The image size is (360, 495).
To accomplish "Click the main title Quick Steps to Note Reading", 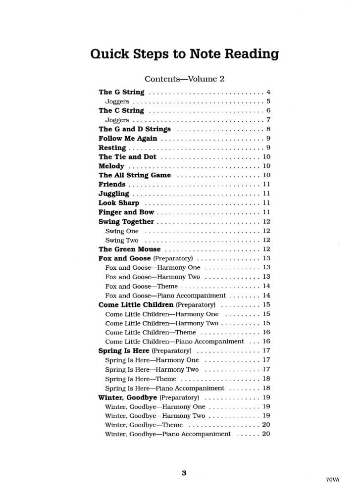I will point(184,54).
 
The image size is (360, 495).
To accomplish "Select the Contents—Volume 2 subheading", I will point(184,79).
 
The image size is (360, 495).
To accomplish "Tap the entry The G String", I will point(121,92).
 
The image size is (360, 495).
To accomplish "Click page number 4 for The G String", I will point(268,92).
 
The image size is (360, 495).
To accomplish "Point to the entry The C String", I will point(121,110).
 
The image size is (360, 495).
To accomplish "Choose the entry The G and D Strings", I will point(135,129).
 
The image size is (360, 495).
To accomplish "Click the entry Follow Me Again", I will point(128,139).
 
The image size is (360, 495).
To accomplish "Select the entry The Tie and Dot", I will point(127,157).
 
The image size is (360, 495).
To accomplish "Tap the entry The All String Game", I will point(135,175).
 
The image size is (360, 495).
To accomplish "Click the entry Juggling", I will point(114,194).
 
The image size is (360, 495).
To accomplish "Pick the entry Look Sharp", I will point(119,203).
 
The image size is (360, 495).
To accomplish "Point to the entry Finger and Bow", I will point(126,212).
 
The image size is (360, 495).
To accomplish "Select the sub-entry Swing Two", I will point(122,240).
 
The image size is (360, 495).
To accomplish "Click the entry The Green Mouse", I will point(130,249).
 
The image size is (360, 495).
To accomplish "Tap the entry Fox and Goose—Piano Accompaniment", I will point(165,296).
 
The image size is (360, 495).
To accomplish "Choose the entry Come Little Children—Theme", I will point(151,332).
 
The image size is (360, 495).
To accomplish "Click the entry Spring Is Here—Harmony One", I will point(152,360).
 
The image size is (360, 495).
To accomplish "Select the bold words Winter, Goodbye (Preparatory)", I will point(149,397).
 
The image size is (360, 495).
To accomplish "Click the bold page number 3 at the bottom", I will point(184,473).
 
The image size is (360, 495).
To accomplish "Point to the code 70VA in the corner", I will point(333,480).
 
